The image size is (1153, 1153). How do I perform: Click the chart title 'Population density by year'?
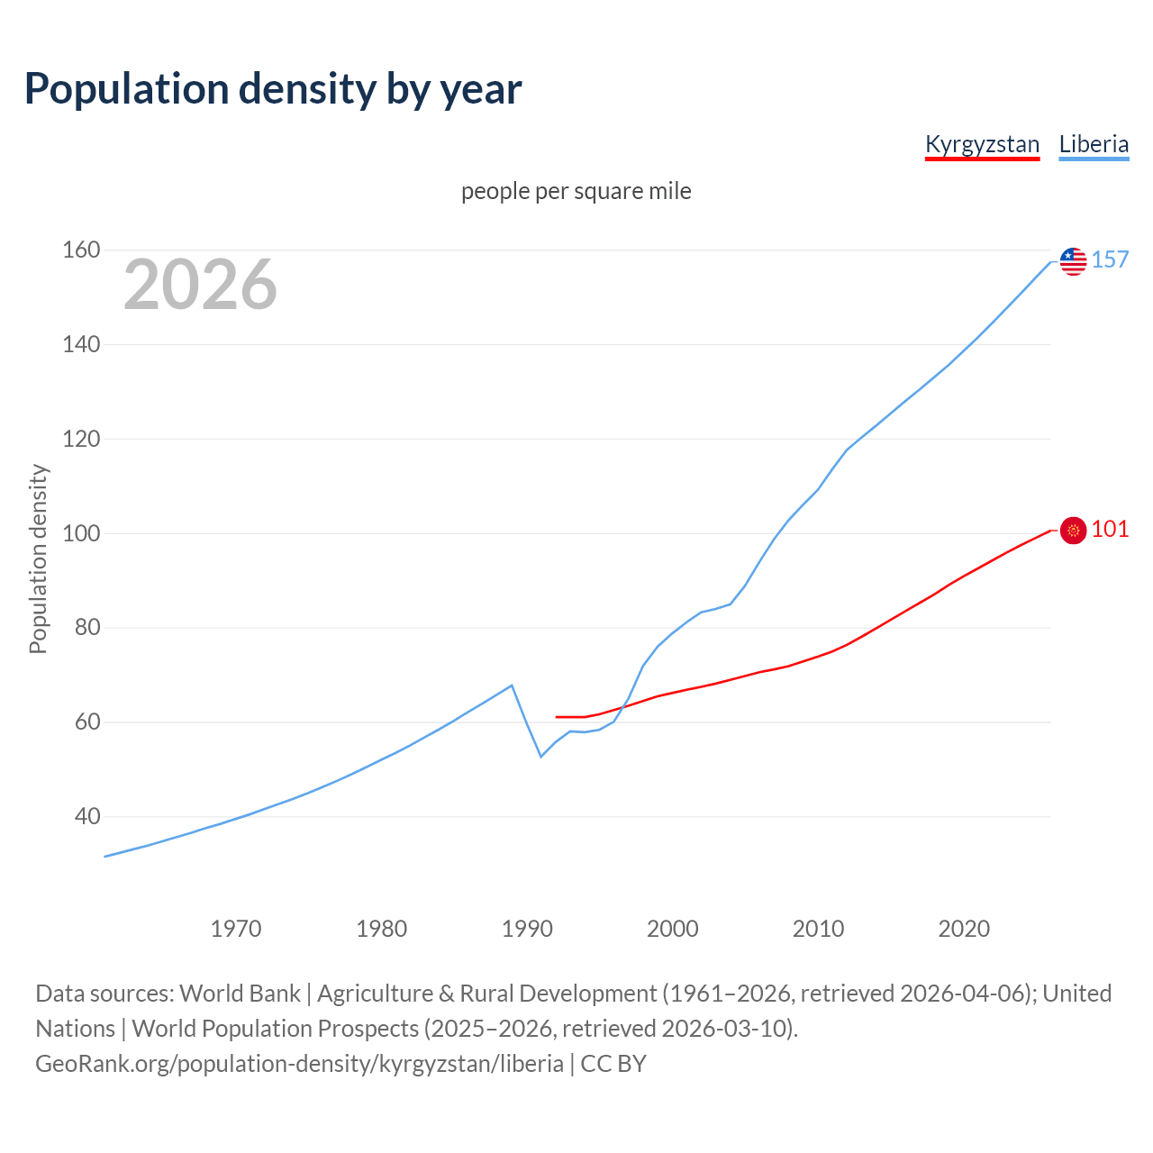(273, 88)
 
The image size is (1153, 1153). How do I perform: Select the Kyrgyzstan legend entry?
(982, 144)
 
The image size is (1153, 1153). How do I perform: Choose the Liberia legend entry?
(1094, 144)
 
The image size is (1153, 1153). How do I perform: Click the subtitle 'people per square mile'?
(576, 191)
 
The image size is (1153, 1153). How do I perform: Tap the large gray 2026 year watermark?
(200, 285)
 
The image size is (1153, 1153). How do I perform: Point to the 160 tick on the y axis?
(80, 250)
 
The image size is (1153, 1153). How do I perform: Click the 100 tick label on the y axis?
(80, 533)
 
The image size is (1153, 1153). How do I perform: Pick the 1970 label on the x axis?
(236, 929)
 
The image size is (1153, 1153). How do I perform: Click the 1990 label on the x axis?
(527, 929)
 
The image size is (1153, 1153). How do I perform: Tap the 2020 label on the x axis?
(964, 929)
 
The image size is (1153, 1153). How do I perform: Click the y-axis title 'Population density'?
(38, 558)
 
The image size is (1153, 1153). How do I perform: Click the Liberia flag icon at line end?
(1073, 261)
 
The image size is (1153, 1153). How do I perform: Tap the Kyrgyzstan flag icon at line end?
(1073, 531)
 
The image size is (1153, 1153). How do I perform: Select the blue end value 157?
(1110, 259)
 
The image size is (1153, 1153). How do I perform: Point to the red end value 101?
(1110, 529)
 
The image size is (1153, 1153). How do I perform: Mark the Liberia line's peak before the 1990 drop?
(512, 685)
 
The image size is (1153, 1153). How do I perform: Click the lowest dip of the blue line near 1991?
(540, 756)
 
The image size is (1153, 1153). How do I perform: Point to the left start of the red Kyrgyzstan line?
(557, 717)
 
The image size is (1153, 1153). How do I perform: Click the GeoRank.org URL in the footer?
(299, 1064)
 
